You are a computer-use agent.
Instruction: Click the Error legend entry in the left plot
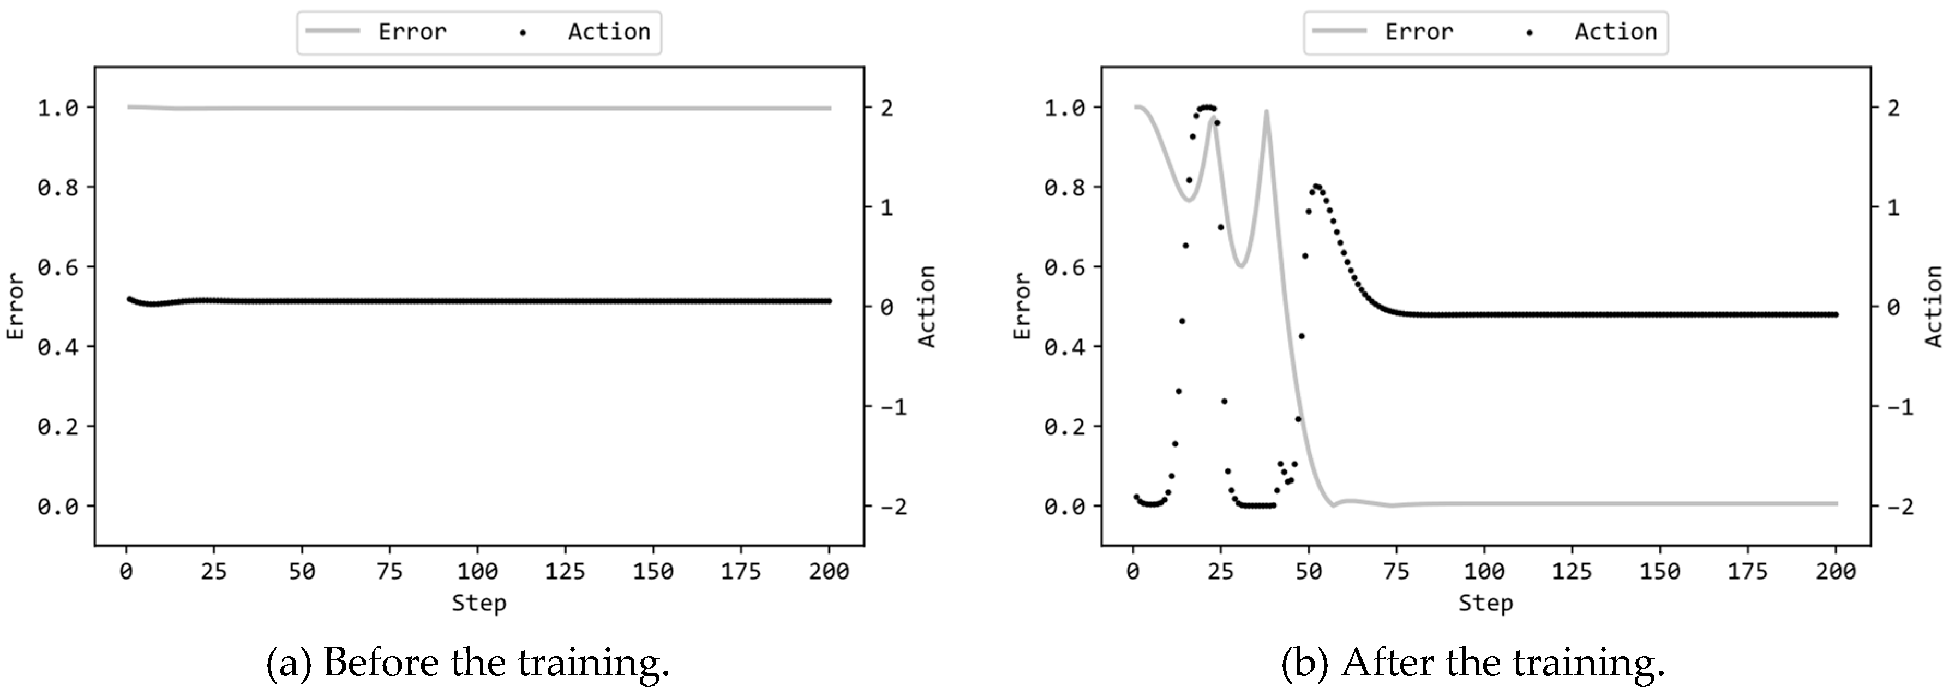tap(412, 32)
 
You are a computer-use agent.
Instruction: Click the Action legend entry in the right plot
tap(1615, 32)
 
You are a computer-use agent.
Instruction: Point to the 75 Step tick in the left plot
tap(389, 571)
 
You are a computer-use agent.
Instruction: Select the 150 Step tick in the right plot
tap(1660, 571)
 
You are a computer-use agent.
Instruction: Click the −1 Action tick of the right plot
tap(1898, 407)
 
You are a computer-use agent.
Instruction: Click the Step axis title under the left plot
tap(479, 603)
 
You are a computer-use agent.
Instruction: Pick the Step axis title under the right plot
tap(1485, 603)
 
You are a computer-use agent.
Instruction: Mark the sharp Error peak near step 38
tap(1266, 112)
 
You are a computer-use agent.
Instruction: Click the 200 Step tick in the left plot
tap(829, 571)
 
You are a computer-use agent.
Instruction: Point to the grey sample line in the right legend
tap(1339, 32)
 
